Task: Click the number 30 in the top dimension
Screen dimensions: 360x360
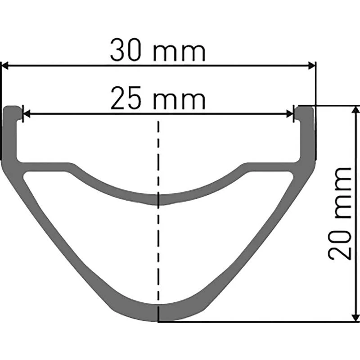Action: tap(125, 50)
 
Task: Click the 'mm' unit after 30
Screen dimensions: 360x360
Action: tap(179, 53)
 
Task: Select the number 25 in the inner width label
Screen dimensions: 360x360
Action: tap(126, 98)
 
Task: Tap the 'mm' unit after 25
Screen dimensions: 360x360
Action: tap(179, 100)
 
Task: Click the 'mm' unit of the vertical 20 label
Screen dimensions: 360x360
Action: tap(343, 193)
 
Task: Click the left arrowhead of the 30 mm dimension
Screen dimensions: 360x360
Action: tap(5, 65)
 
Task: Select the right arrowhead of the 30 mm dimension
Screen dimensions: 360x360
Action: tap(311, 65)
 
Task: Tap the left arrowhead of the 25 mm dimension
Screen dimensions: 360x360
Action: tap(27, 113)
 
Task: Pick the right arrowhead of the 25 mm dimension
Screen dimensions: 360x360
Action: tap(290, 113)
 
